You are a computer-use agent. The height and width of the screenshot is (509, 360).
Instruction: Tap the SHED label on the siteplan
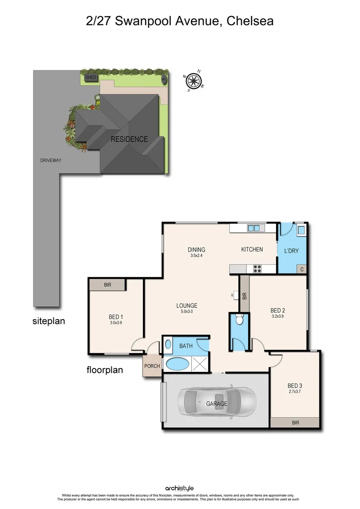pos(90,77)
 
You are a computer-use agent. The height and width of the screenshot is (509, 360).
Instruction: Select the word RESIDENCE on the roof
pos(129,140)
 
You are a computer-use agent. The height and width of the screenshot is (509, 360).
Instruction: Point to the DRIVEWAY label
pos(51,160)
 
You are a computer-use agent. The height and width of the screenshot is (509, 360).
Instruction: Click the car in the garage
pos(217,403)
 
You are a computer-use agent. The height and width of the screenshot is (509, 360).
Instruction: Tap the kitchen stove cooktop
pos(258,269)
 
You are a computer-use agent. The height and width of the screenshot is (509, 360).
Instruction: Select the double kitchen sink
pos(254,228)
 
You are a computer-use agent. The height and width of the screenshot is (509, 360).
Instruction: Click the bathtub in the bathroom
pos(178,364)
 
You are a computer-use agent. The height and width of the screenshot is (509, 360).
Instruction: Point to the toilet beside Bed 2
pos(239,320)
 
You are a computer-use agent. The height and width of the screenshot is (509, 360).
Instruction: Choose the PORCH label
pos(152,366)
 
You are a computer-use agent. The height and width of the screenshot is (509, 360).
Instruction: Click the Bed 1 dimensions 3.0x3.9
pos(115,323)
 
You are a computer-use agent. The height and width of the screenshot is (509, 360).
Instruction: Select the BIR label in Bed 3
pos(295,423)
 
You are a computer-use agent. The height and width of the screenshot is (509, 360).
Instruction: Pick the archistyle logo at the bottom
pos(180,489)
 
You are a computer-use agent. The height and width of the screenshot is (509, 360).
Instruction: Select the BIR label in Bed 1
pos(107,285)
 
